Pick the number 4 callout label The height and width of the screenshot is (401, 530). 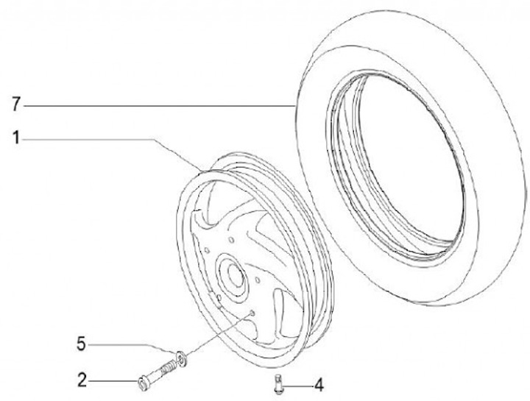pyautogui.click(x=319, y=383)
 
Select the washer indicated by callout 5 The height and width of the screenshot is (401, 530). pyautogui.click(x=180, y=358)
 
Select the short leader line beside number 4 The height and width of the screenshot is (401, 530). pyautogui.click(x=298, y=383)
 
